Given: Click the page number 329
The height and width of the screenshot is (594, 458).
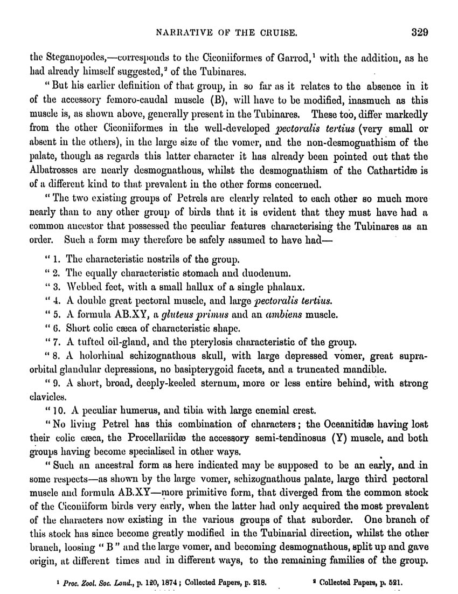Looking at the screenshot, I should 418,32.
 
